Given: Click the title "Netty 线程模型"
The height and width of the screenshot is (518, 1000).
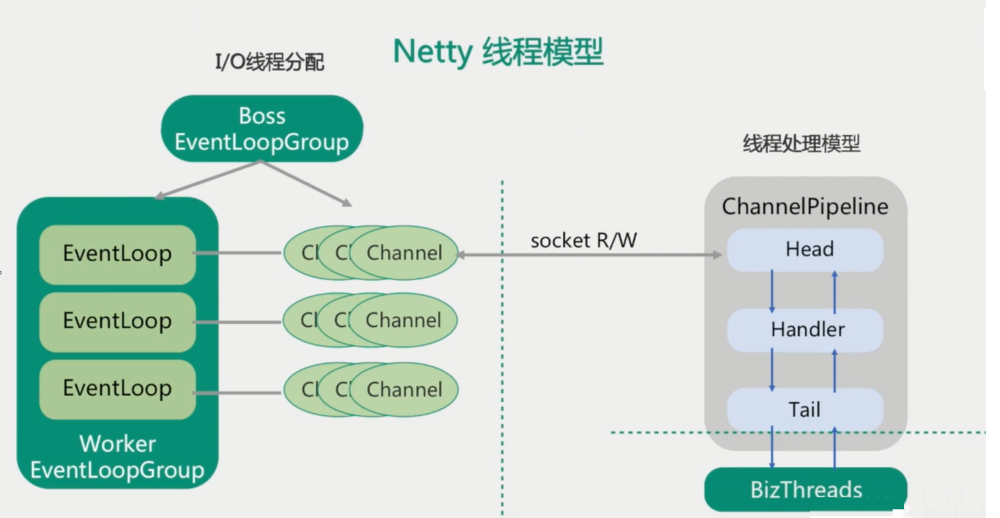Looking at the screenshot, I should coord(498,52).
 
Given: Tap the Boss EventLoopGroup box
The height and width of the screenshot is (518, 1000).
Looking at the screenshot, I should coord(262,129).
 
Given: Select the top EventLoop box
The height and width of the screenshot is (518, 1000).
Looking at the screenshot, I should coord(117,254).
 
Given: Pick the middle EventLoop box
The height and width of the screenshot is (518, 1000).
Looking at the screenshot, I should coord(117,321).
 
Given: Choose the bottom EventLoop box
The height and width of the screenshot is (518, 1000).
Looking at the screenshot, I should coord(117,389).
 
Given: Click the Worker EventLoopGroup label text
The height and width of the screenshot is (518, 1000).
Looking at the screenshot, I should coord(117,457).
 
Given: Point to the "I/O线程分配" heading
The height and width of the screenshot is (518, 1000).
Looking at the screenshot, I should coord(269,62).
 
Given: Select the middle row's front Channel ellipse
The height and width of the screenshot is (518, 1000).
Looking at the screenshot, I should coord(404,320).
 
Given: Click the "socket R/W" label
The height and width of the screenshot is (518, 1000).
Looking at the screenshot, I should coord(583,240).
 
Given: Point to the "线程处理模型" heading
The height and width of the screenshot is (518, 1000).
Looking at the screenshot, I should coord(801,144).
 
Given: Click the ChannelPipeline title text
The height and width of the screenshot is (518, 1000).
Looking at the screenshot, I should coord(805,207).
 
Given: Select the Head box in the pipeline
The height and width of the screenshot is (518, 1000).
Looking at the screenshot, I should coord(805,250).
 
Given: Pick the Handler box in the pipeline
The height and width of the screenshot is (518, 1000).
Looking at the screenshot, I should coord(805,329).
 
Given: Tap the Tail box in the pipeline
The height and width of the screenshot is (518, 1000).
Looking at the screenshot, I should coord(805,409).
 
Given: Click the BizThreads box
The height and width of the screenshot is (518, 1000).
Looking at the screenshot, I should coord(805,489).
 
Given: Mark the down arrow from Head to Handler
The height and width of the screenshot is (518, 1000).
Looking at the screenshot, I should coord(772,291).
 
